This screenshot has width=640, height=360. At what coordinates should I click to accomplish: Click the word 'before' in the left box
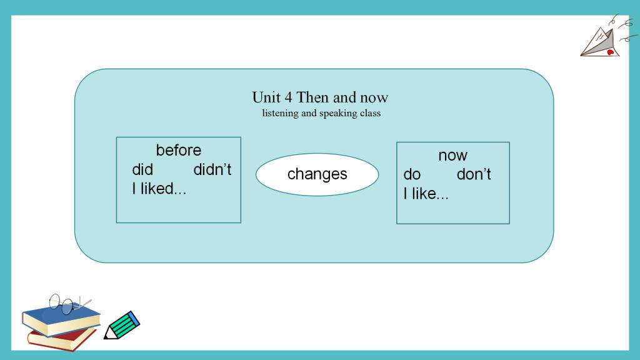click(178, 150)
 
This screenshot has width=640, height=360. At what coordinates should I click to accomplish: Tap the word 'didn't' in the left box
click(212, 169)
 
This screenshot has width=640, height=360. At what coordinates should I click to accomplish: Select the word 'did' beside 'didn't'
click(142, 169)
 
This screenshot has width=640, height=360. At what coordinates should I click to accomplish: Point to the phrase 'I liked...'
click(159, 189)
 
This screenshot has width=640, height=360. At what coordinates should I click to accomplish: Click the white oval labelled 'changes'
click(317, 174)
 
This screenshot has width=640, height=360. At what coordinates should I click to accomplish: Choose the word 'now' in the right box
click(452, 156)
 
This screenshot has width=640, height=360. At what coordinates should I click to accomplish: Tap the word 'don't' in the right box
click(474, 174)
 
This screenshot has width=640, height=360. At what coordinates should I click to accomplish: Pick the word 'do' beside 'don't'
click(412, 174)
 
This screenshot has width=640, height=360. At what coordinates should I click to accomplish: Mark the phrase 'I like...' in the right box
click(426, 194)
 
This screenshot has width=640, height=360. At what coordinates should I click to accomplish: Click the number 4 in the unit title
click(289, 97)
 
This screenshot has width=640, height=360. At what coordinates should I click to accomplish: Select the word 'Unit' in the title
click(266, 97)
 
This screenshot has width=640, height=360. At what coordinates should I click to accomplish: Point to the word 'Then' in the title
click(312, 97)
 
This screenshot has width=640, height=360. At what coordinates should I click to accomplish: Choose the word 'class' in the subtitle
click(370, 112)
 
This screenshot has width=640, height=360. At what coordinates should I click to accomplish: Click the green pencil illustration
click(122, 325)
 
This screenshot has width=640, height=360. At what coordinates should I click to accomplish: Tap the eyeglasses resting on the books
click(67, 304)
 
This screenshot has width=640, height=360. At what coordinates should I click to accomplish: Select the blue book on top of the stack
click(61, 319)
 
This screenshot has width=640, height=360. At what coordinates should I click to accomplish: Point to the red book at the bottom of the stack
click(61, 339)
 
